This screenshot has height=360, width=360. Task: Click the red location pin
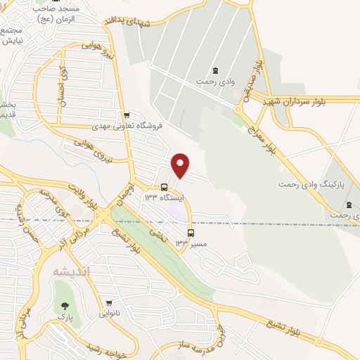181,165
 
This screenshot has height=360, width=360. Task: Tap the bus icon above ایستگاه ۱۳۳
164,187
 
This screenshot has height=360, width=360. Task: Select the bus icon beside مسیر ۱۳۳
191,232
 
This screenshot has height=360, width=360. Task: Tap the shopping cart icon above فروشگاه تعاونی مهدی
126,115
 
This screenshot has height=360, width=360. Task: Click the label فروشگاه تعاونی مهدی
127,126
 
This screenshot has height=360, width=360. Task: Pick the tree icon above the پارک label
65,306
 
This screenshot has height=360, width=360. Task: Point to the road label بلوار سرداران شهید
309,102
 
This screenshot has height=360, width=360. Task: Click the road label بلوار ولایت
82,195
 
